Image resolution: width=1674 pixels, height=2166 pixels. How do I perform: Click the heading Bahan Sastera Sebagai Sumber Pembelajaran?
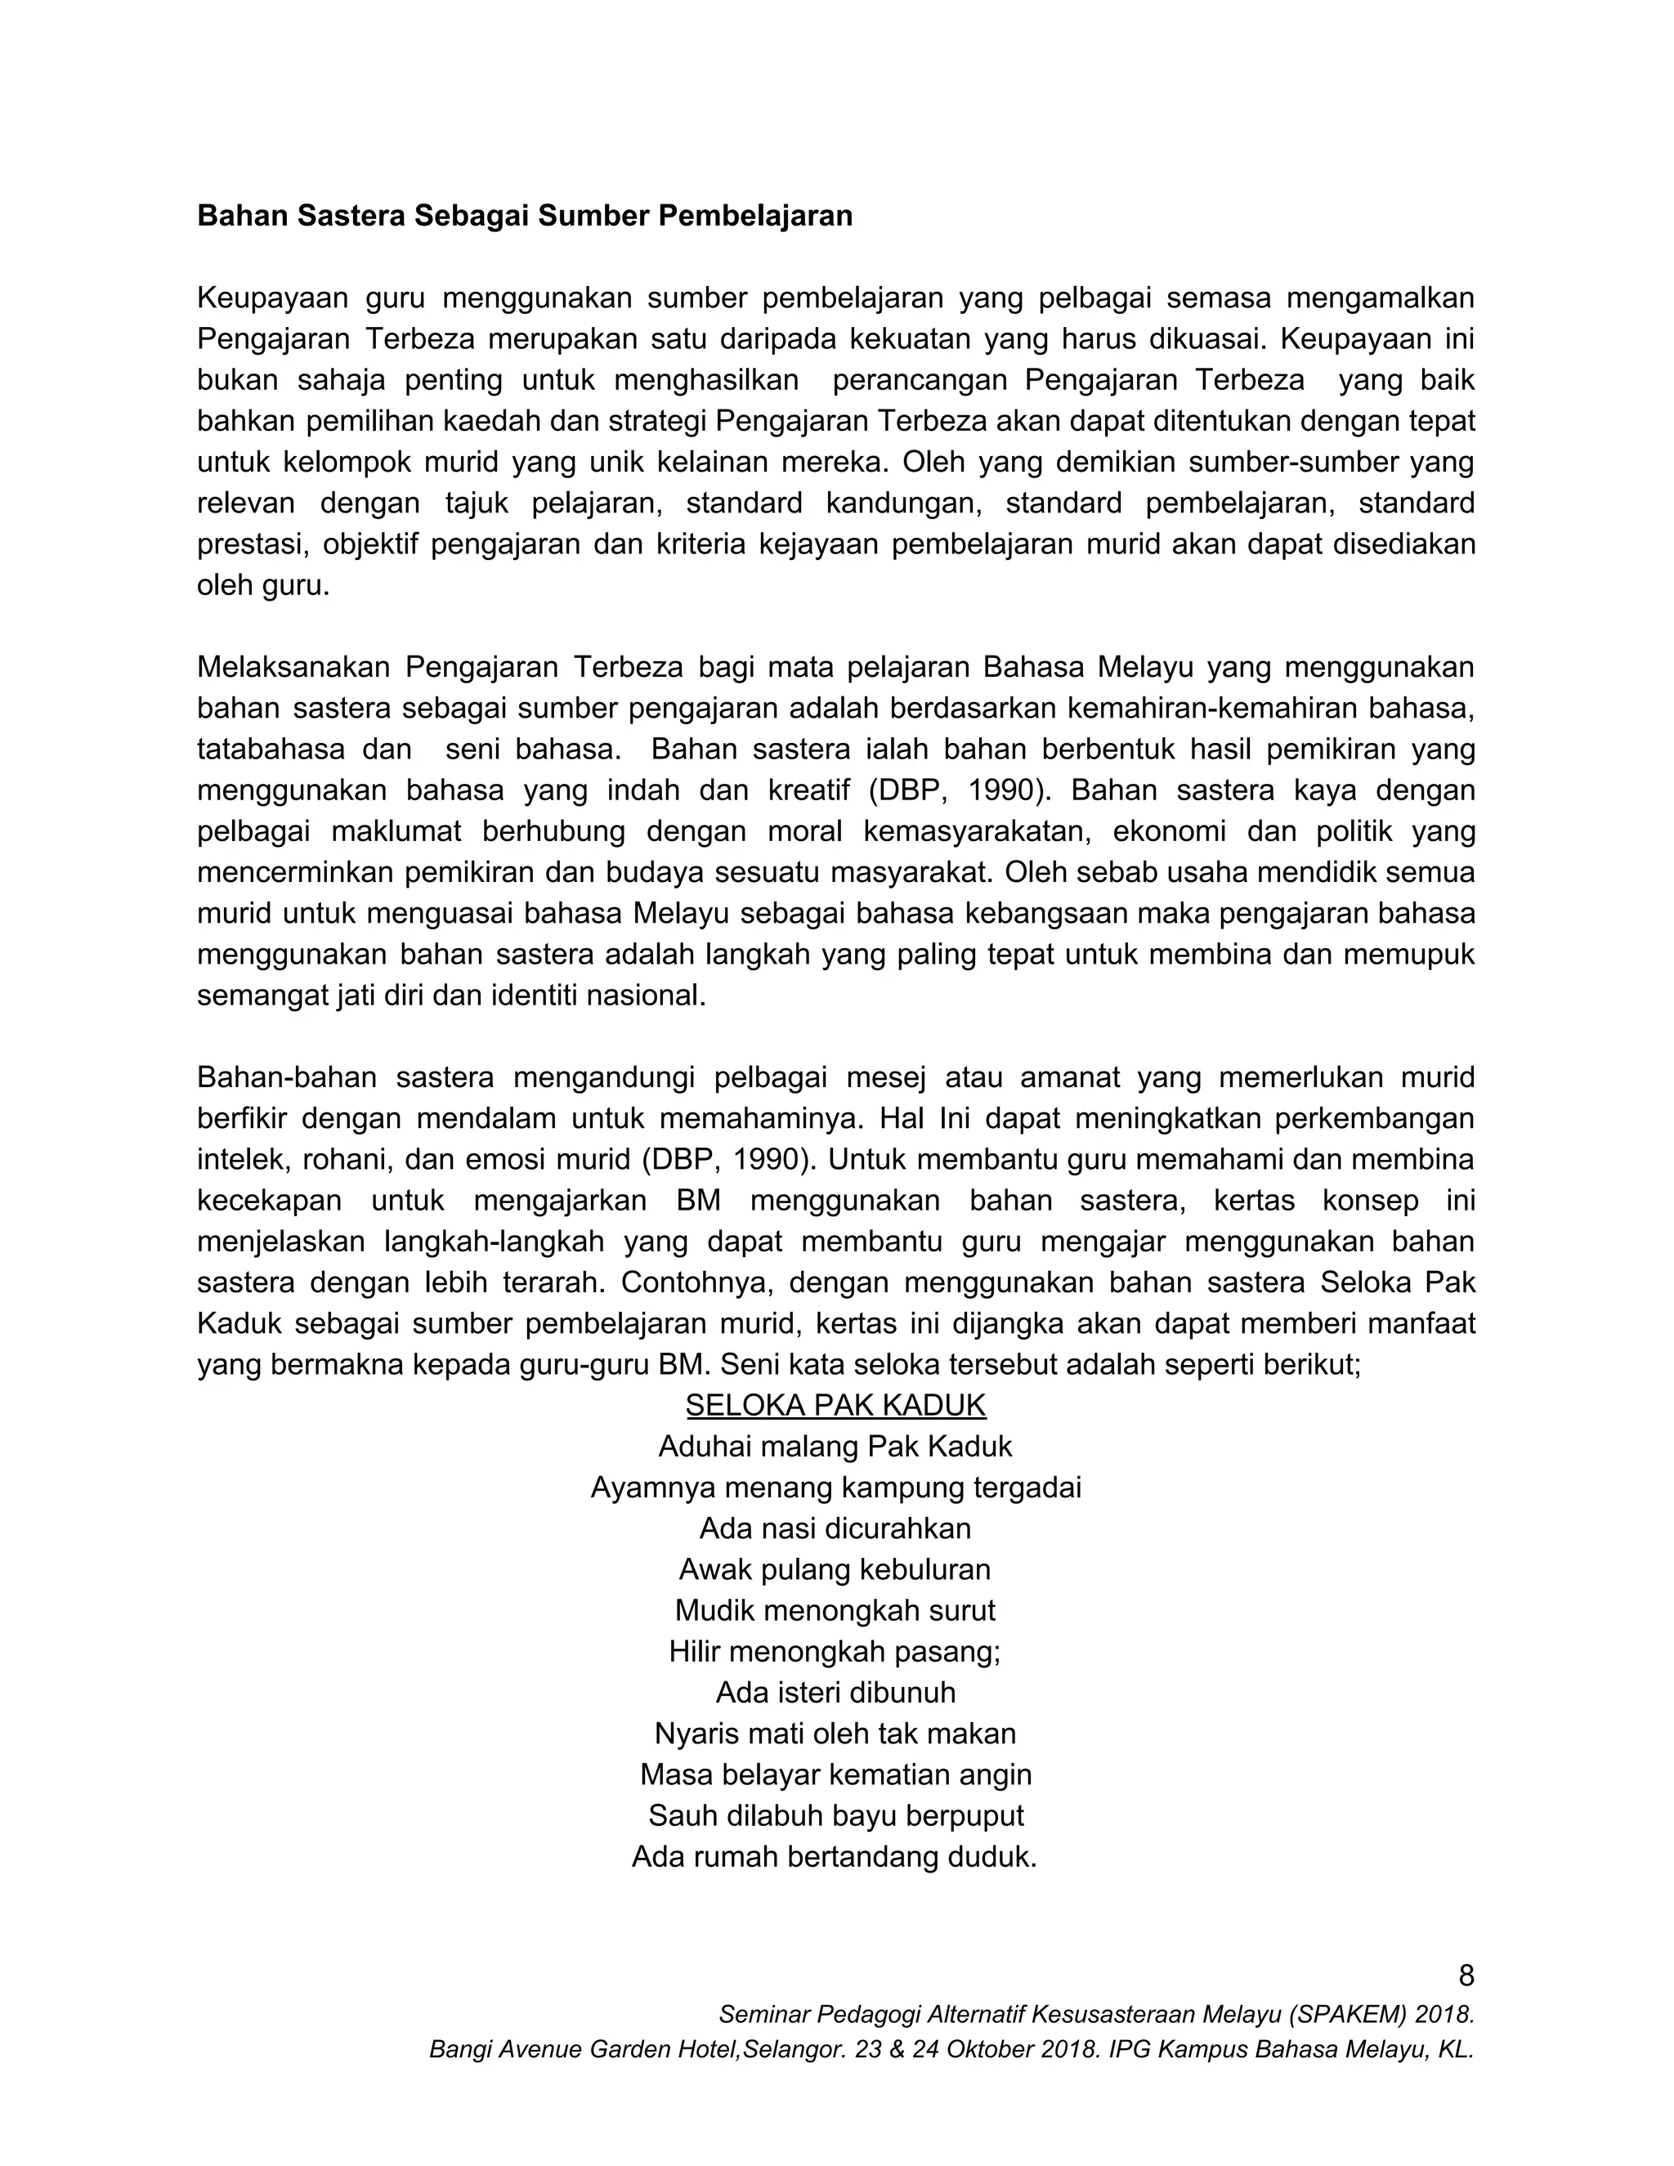(x=525, y=217)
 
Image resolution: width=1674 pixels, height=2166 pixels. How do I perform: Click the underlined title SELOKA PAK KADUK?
(x=835, y=1405)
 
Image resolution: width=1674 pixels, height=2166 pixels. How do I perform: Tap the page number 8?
(x=1466, y=1976)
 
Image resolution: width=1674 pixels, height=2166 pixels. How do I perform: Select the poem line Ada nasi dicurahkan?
(x=835, y=1528)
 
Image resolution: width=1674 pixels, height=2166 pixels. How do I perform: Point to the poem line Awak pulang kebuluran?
(x=835, y=1569)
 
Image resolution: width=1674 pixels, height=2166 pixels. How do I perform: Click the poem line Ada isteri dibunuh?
(x=835, y=1692)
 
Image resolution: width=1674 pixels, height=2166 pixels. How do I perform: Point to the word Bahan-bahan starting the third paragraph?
(x=280, y=1077)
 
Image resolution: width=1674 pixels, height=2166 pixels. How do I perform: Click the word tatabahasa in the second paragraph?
(x=269, y=749)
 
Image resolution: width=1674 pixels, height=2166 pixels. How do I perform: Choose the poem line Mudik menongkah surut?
(x=835, y=1611)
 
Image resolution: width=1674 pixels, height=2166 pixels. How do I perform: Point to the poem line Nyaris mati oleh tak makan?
(x=835, y=1734)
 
